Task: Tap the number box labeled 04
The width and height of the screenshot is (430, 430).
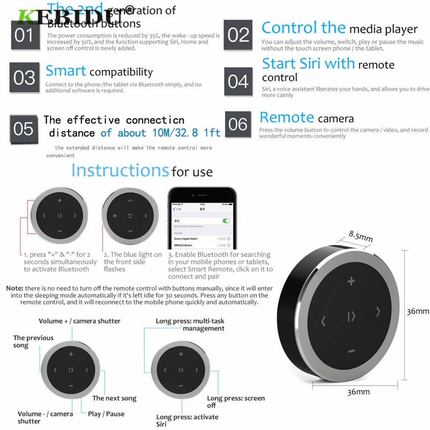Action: pos(238,81)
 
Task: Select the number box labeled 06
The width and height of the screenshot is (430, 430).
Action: pos(238,124)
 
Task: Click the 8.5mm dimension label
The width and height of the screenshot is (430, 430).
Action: pos(360,236)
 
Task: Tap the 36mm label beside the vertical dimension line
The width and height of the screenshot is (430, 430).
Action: pos(418,311)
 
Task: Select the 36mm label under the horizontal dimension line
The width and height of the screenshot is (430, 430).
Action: pos(358,392)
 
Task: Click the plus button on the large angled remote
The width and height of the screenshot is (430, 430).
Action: pos(351,282)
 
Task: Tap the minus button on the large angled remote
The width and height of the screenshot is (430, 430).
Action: pos(351,351)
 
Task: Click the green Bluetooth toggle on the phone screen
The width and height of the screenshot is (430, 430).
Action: pos(226,221)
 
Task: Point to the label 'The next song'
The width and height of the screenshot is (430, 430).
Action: pos(114,398)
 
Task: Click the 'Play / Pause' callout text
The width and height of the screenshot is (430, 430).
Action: pos(106,414)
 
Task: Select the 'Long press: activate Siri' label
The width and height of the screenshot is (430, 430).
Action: pos(187,421)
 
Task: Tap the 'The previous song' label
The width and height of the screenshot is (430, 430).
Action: pos(33,341)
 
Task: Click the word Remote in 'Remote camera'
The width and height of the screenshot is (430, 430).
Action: pos(287,117)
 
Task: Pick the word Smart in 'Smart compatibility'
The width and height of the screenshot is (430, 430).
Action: pos(66,71)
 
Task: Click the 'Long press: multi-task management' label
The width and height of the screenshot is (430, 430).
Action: pos(190,325)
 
